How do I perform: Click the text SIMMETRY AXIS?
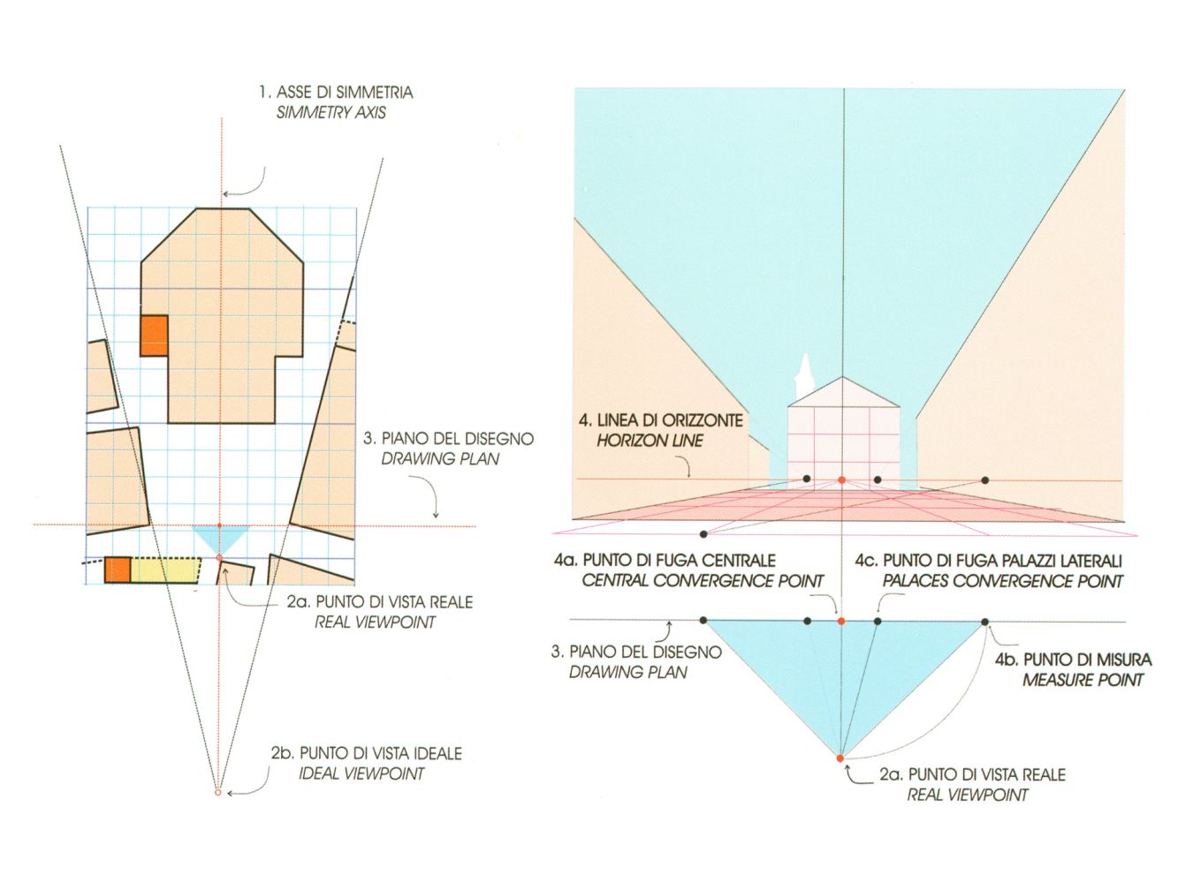pos(331,113)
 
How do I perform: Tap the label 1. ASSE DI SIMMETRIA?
pos(336,92)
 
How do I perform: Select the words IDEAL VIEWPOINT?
pos(361,774)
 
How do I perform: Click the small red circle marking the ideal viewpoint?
pos(217,792)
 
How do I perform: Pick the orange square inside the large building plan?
pos(155,336)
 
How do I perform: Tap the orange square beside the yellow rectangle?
pos(118,570)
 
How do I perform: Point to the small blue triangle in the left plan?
pos(221,539)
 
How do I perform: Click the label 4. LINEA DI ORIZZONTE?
pos(661,419)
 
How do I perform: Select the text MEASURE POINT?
pos(1083,680)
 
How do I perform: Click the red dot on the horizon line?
pos(841,479)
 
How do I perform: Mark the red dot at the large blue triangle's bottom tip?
pos(840,758)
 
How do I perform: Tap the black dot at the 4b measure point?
pos(984,622)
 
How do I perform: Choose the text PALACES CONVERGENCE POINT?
pos(1002,581)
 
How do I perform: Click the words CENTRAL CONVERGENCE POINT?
pos(703,581)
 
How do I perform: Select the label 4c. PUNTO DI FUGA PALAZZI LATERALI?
pos(989,561)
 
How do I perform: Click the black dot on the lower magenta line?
pos(703,534)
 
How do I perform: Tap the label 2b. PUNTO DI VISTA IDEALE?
pos(366,753)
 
